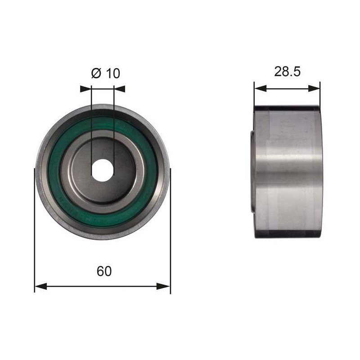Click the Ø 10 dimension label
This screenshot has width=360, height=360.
click(105, 73)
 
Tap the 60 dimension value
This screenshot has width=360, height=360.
click(104, 271)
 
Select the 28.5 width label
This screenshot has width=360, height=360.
click(287, 72)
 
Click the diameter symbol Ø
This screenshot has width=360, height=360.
click(96, 73)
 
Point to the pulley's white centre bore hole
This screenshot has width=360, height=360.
click(103, 171)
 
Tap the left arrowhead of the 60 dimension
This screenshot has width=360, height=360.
click(40, 286)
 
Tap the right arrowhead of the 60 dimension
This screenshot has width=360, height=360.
click(164, 286)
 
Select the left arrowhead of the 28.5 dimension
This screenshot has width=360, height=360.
click(261, 88)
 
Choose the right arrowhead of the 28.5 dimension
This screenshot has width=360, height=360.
click(314, 88)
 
